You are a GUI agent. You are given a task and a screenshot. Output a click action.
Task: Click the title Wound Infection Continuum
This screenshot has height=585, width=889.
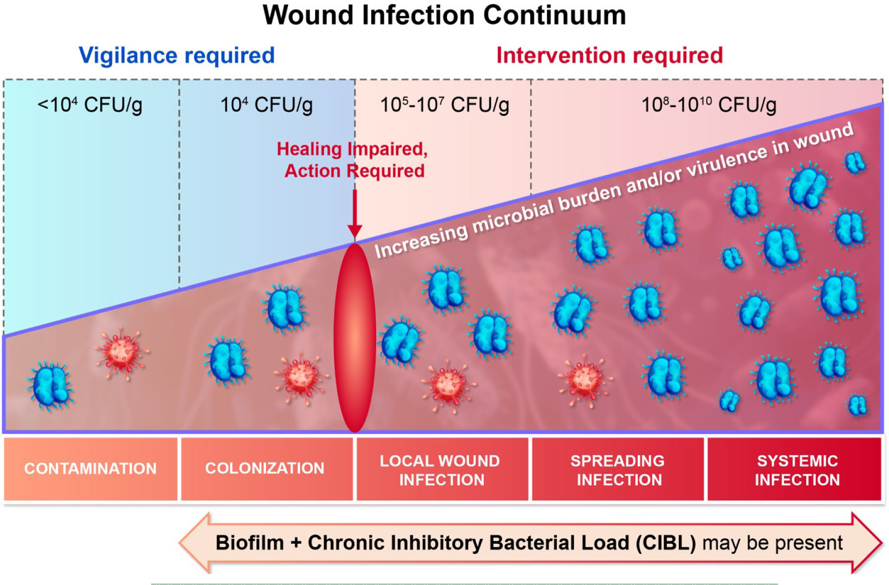[x=444, y=15]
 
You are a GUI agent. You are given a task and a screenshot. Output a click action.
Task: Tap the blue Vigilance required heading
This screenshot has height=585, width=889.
[x=176, y=55]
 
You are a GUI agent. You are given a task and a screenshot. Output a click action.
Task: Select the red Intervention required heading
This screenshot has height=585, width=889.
[x=609, y=55]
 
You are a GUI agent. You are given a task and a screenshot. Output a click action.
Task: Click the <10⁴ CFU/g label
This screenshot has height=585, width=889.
[x=90, y=105]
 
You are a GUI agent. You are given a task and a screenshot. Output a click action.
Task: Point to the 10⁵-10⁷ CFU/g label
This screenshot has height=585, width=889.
[x=444, y=105]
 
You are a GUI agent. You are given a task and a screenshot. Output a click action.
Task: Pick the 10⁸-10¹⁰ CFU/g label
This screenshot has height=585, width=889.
[x=708, y=105]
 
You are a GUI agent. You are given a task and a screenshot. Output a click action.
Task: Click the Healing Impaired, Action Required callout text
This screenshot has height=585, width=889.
[x=353, y=160]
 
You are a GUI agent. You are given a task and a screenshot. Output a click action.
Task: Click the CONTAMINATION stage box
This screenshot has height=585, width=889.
[x=90, y=468]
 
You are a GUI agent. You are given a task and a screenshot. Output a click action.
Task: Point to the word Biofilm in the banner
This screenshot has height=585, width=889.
[x=250, y=543]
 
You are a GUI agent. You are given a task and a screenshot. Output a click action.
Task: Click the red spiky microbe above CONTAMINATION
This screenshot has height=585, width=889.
[x=121, y=353]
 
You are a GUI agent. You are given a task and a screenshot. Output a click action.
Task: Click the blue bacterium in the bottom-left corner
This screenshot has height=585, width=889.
[x=50, y=386]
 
